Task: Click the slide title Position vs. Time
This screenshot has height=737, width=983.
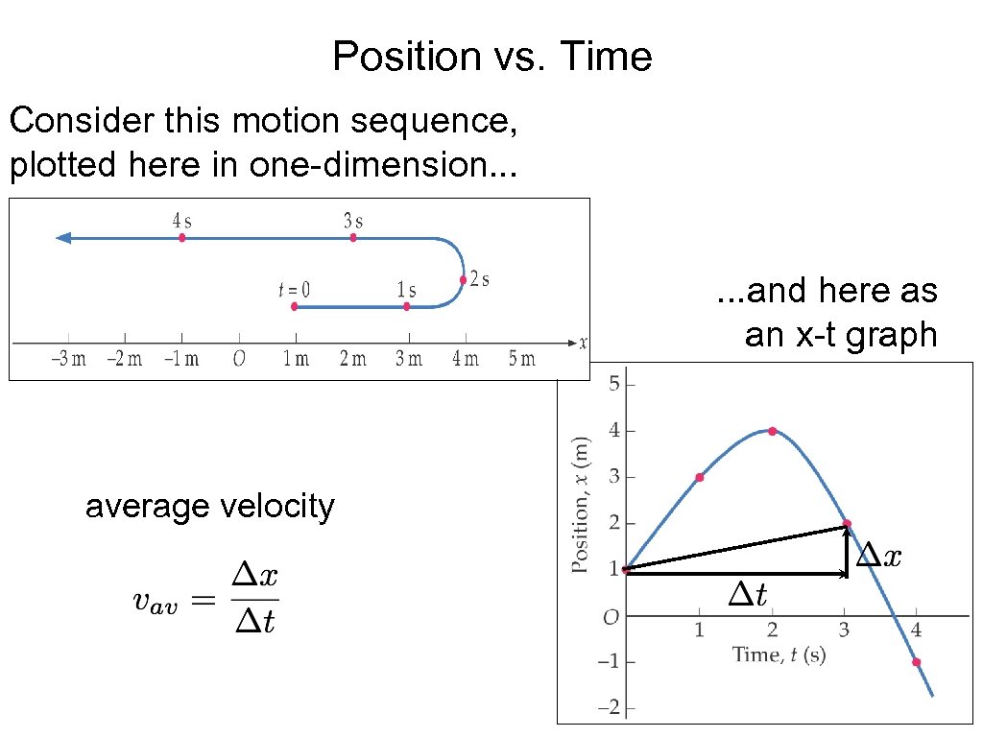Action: pyautogui.click(x=491, y=57)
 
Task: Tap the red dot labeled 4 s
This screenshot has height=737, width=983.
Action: pyautogui.click(x=181, y=237)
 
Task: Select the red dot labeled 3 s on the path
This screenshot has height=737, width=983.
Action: pyautogui.click(x=353, y=237)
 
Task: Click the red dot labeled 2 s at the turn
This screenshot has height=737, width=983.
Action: pyautogui.click(x=463, y=280)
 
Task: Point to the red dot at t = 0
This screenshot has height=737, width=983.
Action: pyautogui.click(x=295, y=307)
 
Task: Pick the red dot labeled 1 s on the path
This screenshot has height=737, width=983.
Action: pyautogui.click(x=407, y=307)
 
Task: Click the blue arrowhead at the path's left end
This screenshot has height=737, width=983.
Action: pyautogui.click(x=63, y=237)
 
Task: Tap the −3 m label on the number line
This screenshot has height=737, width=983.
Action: pyautogui.click(x=68, y=359)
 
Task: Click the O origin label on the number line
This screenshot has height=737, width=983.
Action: pyautogui.click(x=239, y=359)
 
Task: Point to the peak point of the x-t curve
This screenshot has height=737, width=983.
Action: pyautogui.click(x=772, y=431)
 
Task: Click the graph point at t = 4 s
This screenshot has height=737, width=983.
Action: pyautogui.click(x=916, y=662)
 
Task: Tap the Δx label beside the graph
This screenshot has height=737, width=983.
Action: pyautogui.click(x=879, y=555)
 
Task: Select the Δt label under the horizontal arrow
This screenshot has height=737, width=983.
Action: pyautogui.click(x=748, y=595)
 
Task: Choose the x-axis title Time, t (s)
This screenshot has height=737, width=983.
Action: pyautogui.click(x=779, y=654)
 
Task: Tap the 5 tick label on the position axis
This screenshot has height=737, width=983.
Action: pyautogui.click(x=614, y=385)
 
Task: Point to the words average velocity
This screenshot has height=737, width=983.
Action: pyautogui.click(x=209, y=506)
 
